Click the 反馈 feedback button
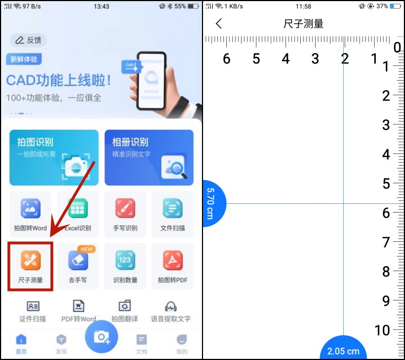coord(29,40)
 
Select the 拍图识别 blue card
coord(54,157)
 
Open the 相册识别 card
coord(149,157)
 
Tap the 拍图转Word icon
coord(30,209)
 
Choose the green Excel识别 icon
coord(78,209)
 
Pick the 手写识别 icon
coord(125,209)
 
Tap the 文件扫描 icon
coord(173,209)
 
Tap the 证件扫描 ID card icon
coord(33,306)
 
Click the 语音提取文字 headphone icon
coord(170,306)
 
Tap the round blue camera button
coord(102,336)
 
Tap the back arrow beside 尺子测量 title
coord(219,24)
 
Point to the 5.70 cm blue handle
coord(212,203)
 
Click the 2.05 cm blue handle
coord(343,349)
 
